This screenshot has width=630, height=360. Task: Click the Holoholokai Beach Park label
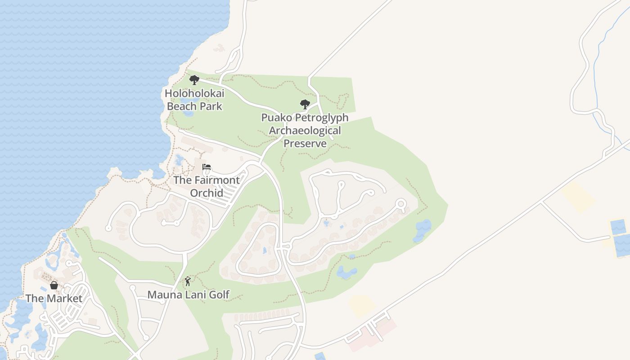click(x=194, y=99)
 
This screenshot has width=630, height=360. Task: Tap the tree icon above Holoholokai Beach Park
click(x=194, y=80)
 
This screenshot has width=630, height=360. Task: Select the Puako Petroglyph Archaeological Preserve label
click(x=305, y=130)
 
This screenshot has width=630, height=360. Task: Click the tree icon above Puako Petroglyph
click(x=305, y=104)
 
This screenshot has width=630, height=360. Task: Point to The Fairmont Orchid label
click(x=207, y=186)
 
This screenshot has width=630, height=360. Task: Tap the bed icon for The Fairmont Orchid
click(x=207, y=167)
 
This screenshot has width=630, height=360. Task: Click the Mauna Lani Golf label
click(x=189, y=295)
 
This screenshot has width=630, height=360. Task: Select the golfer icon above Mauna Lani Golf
click(x=188, y=282)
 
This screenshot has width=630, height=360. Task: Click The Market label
click(x=54, y=298)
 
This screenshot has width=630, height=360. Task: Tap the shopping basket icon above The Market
click(x=54, y=285)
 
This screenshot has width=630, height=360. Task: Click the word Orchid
click(x=207, y=193)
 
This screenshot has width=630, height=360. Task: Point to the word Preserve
click(x=305, y=144)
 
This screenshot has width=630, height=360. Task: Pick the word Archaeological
click(x=305, y=130)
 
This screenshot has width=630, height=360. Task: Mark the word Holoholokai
click(x=194, y=93)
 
